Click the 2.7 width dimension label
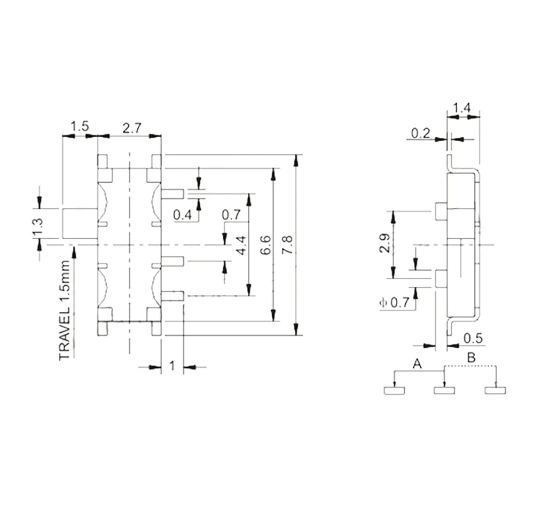tap(132, 128)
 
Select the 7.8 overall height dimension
tap(288, 245)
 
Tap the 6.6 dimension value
tap(266, 245)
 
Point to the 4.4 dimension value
tap(241, 244)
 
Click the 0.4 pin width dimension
tap(183, 215)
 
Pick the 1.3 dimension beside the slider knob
tap(37, 224)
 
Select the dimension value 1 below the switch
tap(172, 366)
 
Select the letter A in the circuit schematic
tap(418, 364)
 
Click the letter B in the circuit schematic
tap(470, 358)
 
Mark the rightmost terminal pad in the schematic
tap(495, 390)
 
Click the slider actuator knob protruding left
tap(80, 224)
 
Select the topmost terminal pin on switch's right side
tap(172, 194)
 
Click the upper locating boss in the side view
tap(441, 212)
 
